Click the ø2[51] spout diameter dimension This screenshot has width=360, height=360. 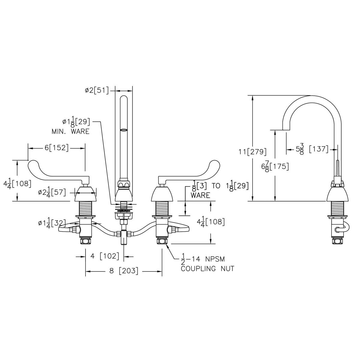click(97, 90)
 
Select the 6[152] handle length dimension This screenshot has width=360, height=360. click(56, 148)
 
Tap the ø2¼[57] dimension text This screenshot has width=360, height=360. click(52, 192)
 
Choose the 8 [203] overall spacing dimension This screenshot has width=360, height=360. click(124, 271)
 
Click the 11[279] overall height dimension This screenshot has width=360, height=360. click(253, 151)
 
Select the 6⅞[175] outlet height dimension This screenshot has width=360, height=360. click(275, 166)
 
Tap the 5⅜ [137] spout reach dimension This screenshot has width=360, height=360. click(312, 149)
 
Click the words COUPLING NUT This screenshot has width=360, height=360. click(207, 268)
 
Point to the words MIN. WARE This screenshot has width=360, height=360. click(70, 131)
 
